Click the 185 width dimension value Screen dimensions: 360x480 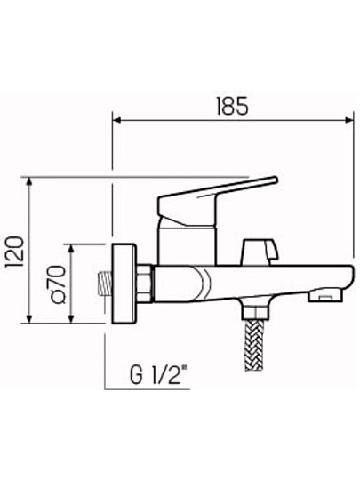pos(232,107)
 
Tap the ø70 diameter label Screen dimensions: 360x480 pos(59,284)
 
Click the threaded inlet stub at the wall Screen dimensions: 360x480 pos(105,284)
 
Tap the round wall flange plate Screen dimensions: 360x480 pos(124,284)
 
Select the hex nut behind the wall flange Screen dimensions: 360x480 pos(144,284)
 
